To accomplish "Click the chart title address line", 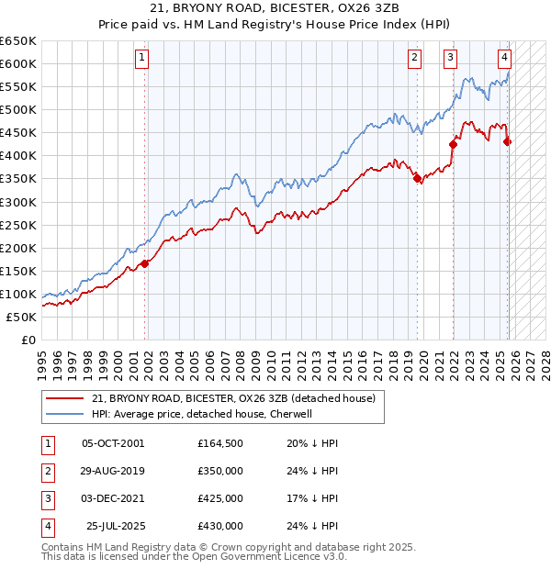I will (x=275, y=8).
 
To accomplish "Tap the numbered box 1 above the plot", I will (x=143, y=58).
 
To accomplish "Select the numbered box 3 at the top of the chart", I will (x=451, y=58).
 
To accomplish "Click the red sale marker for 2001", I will (x=145, y=264).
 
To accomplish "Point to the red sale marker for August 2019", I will (x=417, y=179).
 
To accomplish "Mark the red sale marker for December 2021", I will (x=453, y=144).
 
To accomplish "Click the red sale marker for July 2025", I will (x=508, y=141).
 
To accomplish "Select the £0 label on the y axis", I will (x=29, y=340).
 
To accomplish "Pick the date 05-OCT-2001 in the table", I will (x=113, y=443).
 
